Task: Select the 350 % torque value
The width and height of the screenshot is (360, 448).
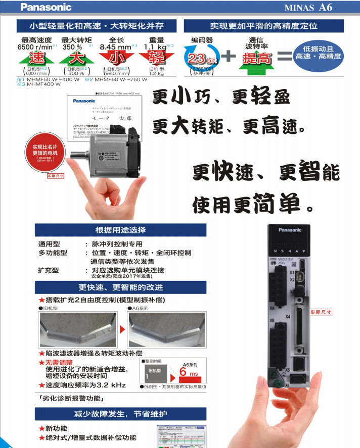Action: (x=72, y=47)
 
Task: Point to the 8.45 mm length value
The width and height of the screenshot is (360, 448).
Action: (x=115, y=47)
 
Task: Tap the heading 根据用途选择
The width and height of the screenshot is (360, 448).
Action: (x=120, y=230)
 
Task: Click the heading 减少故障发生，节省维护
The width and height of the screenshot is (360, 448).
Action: (x=120, y=414)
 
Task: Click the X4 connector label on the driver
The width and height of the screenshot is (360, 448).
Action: (x=288, y=317)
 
